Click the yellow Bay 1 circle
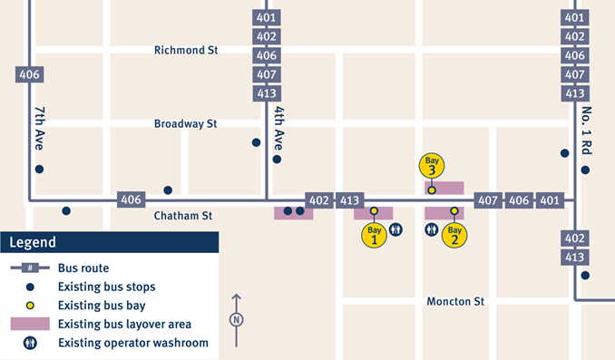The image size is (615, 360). point(374,235)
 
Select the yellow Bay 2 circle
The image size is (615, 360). point(454,235)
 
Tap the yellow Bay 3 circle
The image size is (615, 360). point(432,166)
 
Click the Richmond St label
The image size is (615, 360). point(186,51)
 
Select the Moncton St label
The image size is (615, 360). point(455,300)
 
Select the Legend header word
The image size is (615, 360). point(34,242)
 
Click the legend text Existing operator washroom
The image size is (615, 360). point(132,343)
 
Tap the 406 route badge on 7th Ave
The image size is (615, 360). point(29,74)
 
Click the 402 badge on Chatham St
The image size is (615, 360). point(319,200)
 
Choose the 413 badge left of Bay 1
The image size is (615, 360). point(350,200)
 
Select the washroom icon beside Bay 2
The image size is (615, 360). point(432,230)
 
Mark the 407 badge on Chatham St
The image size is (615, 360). point(488,200)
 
